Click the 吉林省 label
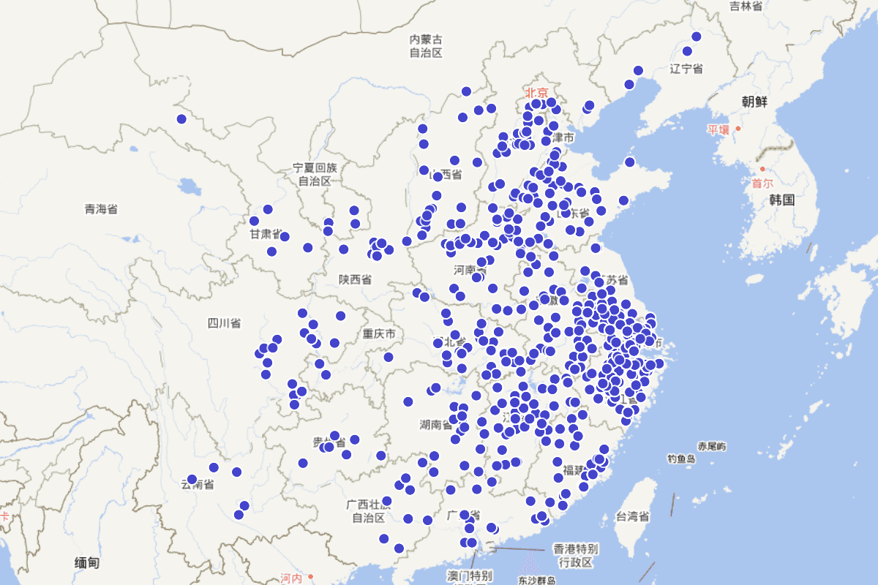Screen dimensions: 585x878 coord(746,6)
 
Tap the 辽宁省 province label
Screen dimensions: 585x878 coord(686,69)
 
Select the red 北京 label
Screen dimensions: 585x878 coord(536,93)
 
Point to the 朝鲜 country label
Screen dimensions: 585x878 coord(754,102)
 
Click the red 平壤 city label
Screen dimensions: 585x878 coord(718,130)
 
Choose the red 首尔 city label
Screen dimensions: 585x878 coord(762,184)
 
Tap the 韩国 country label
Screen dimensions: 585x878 coord(782,200)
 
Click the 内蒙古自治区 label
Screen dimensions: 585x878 coord(426,45)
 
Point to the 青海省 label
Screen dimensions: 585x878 coord(101,210)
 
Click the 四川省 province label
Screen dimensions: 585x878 coord(224,323)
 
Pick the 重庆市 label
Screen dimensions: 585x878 coord(379,334)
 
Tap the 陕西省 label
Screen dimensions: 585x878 coord(355,279)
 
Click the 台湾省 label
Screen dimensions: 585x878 coord(633,517)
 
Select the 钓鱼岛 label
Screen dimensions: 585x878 coord(680,458)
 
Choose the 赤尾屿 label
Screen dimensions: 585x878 coord(712,446)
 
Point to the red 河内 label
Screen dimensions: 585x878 coord(290,578)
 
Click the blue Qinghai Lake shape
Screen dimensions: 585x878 coord(189,187)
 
